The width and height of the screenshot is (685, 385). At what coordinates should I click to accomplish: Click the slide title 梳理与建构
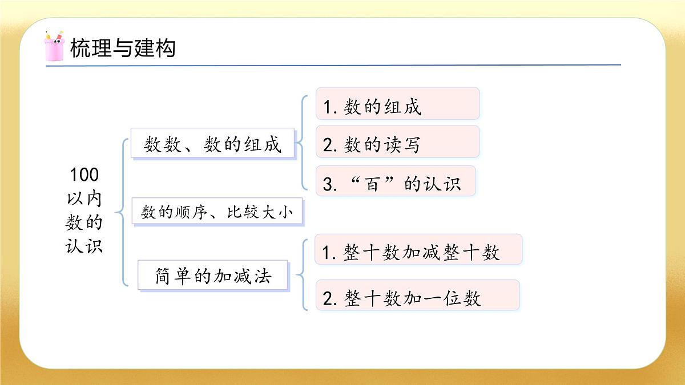click(x=122, y=48)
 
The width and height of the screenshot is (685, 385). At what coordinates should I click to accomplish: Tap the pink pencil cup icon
click(x=54, y=46)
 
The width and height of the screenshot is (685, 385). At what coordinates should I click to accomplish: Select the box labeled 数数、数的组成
click(x=213, y=144)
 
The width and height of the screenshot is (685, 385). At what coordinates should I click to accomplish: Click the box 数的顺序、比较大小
click(x=217, y=213)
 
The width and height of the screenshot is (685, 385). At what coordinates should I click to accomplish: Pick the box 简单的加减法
click(x=213, y=277)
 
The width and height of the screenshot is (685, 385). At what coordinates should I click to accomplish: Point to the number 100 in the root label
click(x=84, y=174)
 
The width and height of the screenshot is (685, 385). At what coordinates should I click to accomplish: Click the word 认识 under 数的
click(x=84, y=246)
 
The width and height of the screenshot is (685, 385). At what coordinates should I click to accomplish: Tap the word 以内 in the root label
click(x=84, y=198)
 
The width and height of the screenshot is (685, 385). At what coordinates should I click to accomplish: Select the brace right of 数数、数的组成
click(x=303, y=143)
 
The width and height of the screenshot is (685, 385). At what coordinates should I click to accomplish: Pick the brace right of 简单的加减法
click(x=301, y=275)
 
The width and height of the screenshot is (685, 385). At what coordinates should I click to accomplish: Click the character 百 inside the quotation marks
click(x=373, y=184)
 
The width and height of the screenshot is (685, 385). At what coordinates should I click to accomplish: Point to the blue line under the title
click(x=333, y=65)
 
